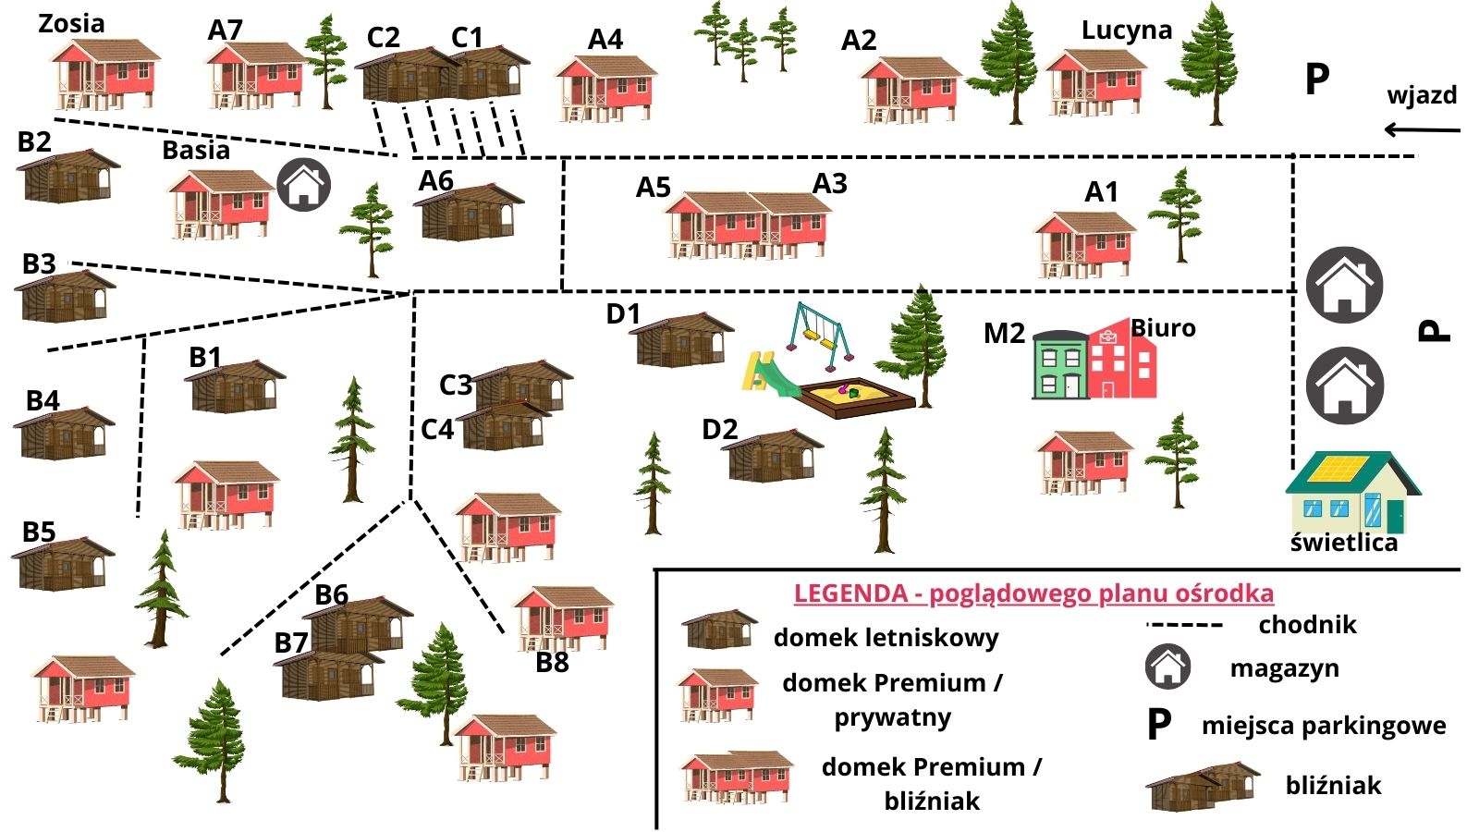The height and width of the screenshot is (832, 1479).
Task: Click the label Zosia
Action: (71, 23)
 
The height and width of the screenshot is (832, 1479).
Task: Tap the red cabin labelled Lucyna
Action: (1095, 82)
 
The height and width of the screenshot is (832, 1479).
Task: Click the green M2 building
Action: (1059, 365)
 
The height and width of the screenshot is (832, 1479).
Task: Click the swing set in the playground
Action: (819, 329)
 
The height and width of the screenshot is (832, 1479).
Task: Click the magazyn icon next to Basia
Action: (304, 185)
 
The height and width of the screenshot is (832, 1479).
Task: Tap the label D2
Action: (719, 430)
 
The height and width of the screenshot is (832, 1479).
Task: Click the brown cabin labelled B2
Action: (68, 177)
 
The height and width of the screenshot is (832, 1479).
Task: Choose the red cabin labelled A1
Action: (1083, 244)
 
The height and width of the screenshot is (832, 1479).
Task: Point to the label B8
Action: (552, 663)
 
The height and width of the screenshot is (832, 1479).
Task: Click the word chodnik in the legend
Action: (1307, 625)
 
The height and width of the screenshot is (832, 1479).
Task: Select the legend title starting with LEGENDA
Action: (1033, 593)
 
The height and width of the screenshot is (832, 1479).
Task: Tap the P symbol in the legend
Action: (1159, 726)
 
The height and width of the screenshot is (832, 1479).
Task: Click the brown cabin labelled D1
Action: (681, 341)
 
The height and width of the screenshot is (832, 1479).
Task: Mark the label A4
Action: (605, 40)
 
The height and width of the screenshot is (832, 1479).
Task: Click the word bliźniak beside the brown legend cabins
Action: (1333, 786)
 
